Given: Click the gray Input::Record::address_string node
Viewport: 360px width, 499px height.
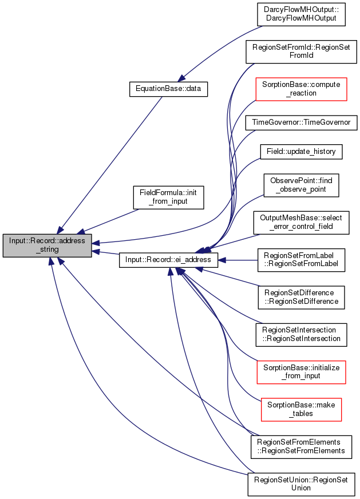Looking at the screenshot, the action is (48, 245).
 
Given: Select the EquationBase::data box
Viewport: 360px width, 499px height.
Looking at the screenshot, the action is (168, 89).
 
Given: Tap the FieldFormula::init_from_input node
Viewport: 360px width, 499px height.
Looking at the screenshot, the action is (168, 197).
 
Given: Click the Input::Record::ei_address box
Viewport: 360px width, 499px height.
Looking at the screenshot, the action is (168, 260).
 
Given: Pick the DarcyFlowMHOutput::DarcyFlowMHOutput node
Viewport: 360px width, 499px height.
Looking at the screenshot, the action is (301, 14).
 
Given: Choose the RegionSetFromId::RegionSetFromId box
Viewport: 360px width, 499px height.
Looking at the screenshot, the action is (301, 52).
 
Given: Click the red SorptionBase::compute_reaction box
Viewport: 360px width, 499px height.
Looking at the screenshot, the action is (301, 89).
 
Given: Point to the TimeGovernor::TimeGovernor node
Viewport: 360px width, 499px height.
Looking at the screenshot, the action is (301, 122).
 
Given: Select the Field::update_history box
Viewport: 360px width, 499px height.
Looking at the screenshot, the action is (301, 152).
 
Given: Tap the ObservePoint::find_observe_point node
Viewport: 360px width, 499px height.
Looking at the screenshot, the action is (301, 185).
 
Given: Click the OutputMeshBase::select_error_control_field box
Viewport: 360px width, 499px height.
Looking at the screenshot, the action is (301, 223).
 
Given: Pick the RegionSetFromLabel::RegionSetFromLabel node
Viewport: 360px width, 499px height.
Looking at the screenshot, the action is (301, 260).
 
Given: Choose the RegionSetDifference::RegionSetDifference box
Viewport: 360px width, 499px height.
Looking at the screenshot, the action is (301, 297).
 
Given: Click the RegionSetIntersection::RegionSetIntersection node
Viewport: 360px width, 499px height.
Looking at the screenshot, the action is (301, 335).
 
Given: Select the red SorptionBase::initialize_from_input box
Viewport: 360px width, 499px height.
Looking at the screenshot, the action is (301, 372).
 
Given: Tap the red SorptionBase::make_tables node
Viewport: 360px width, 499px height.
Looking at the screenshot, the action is (301, 410).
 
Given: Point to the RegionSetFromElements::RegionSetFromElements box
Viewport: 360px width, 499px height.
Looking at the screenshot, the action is (301, 447).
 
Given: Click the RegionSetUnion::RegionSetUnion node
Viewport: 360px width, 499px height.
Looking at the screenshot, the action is (301, 484).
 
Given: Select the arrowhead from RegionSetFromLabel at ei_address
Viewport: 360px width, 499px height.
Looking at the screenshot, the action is (222, 260).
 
